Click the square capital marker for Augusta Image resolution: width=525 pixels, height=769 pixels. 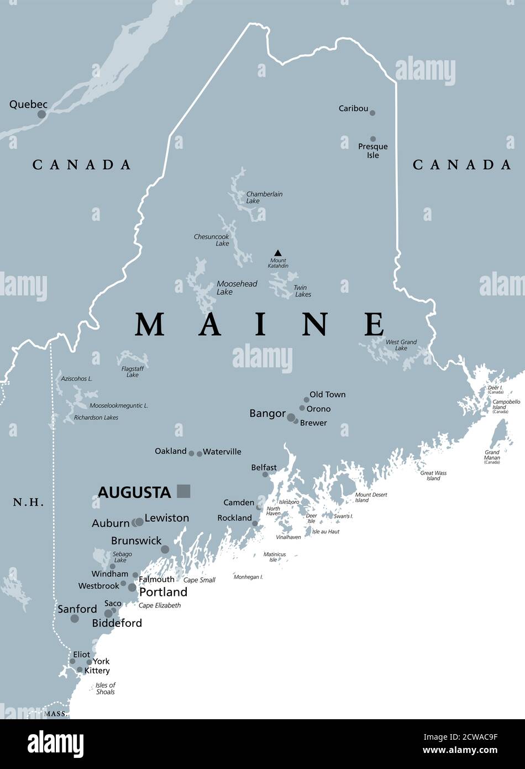[x=183, y=491]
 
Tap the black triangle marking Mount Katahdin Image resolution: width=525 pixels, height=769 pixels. [x=278, y=253]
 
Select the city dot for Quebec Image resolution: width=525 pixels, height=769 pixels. [x=41, y=115]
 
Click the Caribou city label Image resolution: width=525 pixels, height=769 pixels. [x=353, y=109]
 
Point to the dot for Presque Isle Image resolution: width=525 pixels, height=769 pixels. [x=373, y=139]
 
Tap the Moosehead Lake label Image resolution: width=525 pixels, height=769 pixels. [x=236, y=288]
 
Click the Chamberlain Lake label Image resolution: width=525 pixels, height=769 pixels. [x=264, y=198]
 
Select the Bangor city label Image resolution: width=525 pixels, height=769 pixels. [x=267, y=414]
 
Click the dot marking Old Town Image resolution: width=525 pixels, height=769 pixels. [x=306, y=399]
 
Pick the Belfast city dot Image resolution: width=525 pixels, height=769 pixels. [x=265, y=475]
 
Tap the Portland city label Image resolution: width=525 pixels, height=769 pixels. [x=163, y=592]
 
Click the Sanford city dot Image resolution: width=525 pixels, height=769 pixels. [x=75, y=619]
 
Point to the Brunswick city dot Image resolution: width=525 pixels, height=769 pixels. [x=165, y=549]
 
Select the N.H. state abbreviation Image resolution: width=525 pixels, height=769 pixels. [x=28, y=502]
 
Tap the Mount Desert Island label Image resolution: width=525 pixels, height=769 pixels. [x=371, y=497]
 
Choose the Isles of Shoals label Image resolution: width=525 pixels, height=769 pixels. [x=105, y=689]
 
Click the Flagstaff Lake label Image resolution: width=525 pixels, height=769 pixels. [x=132, y=372]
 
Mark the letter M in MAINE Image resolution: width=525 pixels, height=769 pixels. [x=150, y=325]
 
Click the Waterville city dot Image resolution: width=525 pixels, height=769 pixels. [x=200, y=454]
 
